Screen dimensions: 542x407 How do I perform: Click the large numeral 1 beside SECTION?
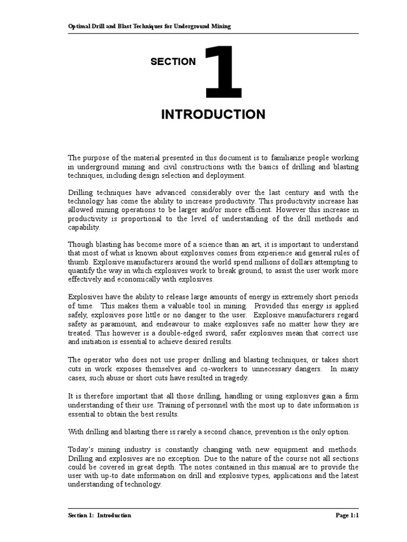tap(224, 71)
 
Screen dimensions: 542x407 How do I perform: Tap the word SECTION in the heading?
tap(173, 62)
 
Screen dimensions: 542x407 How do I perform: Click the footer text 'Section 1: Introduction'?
tap(100, 515)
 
